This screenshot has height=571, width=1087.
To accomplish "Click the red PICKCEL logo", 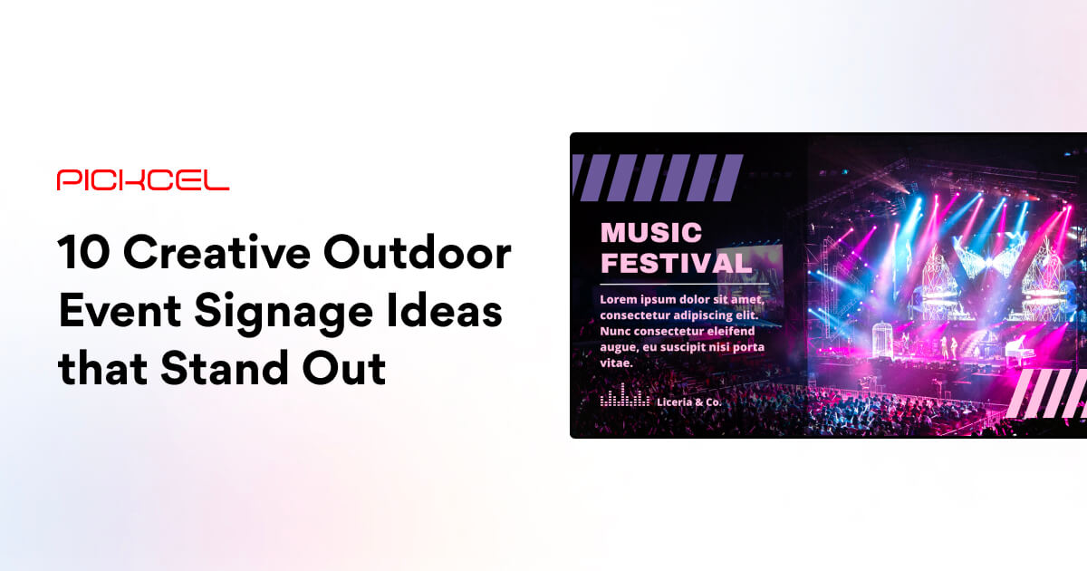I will (x=143, y=179).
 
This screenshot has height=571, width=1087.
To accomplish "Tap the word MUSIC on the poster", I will (x=651, y=232).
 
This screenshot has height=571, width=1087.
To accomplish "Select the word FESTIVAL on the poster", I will (x=676, y=264).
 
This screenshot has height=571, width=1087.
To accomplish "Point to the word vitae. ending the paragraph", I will (x=616, y=363).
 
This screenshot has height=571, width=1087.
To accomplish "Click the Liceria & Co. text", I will (x=689, y=401).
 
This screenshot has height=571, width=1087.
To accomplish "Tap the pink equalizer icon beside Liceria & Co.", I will (x=625, y=398).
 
